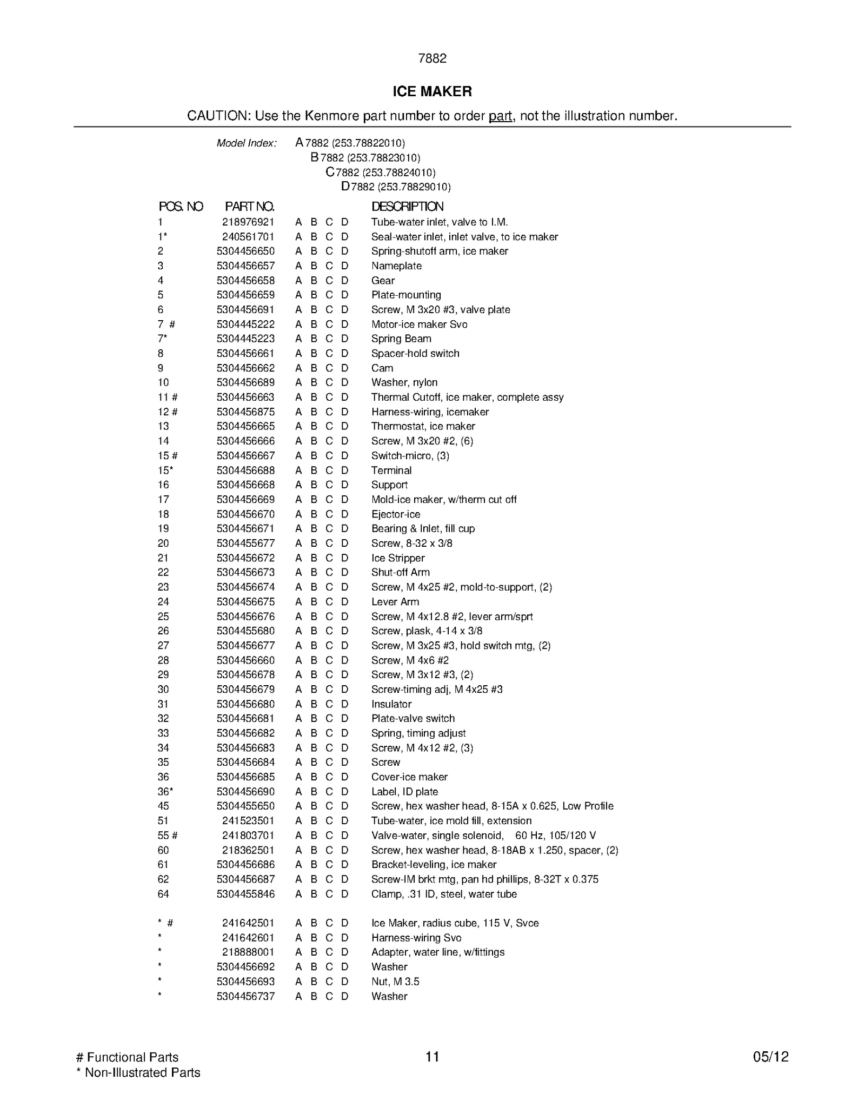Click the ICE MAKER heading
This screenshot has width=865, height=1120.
point(432,91)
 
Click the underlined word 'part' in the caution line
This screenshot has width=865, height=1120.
point(500,116)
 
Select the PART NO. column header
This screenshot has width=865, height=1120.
point(249,206)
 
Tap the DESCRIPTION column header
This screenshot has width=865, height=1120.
point(407,206)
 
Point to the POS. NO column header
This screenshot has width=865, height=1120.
point(181,206)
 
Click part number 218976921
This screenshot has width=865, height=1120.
point(248,222)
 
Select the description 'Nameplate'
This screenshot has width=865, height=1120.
point(396,266)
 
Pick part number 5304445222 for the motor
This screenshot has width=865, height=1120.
point(245,324)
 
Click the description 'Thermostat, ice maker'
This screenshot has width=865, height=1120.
point(423,426)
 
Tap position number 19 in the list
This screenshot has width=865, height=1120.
point(163,528)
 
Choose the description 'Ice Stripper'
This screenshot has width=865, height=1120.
point(398,558)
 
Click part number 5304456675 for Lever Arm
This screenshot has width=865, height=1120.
point(245,601)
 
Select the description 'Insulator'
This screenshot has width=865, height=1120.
point(391,704)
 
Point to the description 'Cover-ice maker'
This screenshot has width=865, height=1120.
point(409,777)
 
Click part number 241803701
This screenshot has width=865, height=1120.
point(248,835)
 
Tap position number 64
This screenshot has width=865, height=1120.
point(163,893)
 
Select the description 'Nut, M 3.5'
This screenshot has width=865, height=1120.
point(395,981)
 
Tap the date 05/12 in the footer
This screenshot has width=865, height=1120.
point(770,1057)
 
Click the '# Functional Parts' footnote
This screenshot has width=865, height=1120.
point(128,1057)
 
